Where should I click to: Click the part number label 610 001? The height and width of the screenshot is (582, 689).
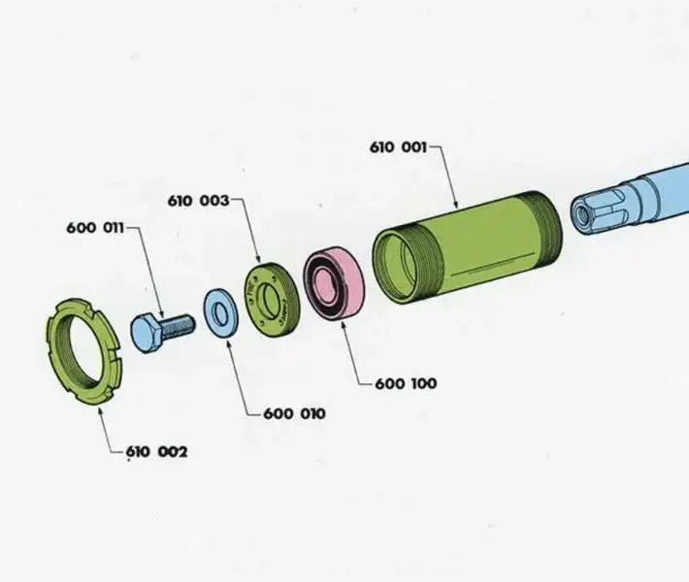[398, 147]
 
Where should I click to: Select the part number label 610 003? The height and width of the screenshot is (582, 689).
[199, 201]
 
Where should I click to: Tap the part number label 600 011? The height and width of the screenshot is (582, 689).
[95, 228]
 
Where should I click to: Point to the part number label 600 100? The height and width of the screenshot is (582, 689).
[406, 383]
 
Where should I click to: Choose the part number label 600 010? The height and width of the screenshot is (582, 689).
[294, 414]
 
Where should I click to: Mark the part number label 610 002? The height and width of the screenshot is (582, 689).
[157, 452]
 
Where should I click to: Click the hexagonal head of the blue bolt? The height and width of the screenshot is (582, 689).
[146, 334]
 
